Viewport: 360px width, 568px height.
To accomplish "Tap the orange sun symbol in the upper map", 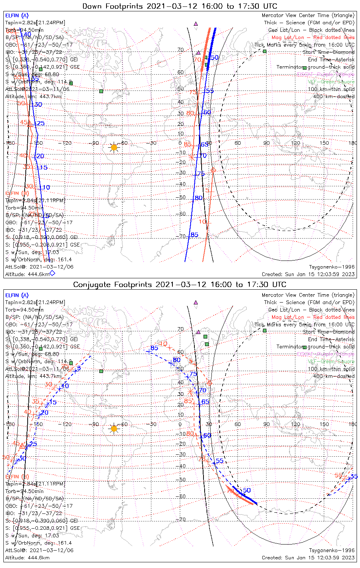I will click(x=114, y=147).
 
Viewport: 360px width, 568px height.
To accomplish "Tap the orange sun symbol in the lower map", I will click(x=114, y=429).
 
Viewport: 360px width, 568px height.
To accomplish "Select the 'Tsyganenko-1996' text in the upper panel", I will click(x=332, y=267).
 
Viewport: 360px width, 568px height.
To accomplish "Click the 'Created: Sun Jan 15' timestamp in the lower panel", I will click(x=308, y=557).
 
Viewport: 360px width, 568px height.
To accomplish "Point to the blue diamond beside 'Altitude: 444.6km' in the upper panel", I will click(x=53, y=273).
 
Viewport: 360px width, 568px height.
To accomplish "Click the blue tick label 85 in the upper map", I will click(x=194, y=235).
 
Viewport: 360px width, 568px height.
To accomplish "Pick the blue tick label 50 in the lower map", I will click(x=247, y=490).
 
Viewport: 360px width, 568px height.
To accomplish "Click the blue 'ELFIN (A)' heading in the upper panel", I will click(x=17, y=16).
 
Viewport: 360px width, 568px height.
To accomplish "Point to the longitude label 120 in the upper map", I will click(x=296, y=143).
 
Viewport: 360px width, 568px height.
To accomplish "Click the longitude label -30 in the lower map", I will click(x=153, y=424).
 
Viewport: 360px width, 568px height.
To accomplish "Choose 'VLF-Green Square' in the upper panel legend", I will click(x=331, y=82).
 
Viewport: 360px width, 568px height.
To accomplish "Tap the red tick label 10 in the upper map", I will click(x=202, y=222).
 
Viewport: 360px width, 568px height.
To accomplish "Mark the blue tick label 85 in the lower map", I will click(x=154, y=348).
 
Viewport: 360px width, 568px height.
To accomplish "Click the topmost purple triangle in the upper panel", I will click(x=196, y=23).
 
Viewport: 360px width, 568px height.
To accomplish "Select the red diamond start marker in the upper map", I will click(x=213, y=170).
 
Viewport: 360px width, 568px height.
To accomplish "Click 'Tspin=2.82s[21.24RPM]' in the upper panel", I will click(x=35, y=23).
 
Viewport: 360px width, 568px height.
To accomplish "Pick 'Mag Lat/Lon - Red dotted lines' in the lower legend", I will click(x=313, y=317).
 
